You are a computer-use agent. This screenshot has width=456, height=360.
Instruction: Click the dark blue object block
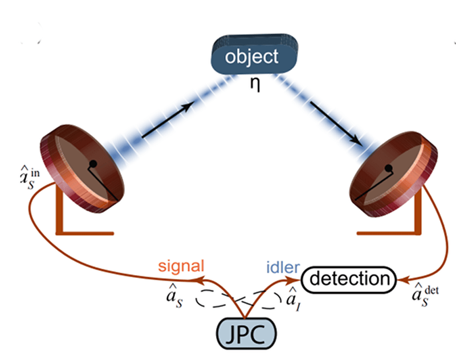(251, 58)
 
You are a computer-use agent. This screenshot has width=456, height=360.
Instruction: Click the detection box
(348, 279)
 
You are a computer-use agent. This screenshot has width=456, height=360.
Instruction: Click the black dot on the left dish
(93, 164)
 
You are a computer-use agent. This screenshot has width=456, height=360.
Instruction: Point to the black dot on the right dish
(389, 168)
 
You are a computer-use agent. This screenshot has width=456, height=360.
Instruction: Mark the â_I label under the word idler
(291, 297)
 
